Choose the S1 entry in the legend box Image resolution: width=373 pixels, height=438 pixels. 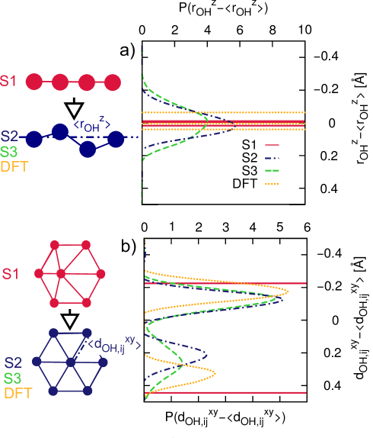click(250, 145)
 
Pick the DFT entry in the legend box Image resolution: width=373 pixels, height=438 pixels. click(244, 183)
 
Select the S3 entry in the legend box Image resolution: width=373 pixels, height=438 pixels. click(250, 170)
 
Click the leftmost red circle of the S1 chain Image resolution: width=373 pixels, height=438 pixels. click(33, 81)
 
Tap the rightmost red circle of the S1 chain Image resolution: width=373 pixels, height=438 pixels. click(113, 81)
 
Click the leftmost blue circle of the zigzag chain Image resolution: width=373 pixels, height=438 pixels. click(33, 140)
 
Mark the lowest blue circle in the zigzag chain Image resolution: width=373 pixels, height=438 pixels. click(88, 149)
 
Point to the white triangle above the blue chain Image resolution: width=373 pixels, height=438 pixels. click(74, 111)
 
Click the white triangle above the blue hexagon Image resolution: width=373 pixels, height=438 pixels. click(70, 320)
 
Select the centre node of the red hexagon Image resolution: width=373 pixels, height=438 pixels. click(70, 272)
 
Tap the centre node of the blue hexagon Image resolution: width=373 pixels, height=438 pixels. click(70, 362)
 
